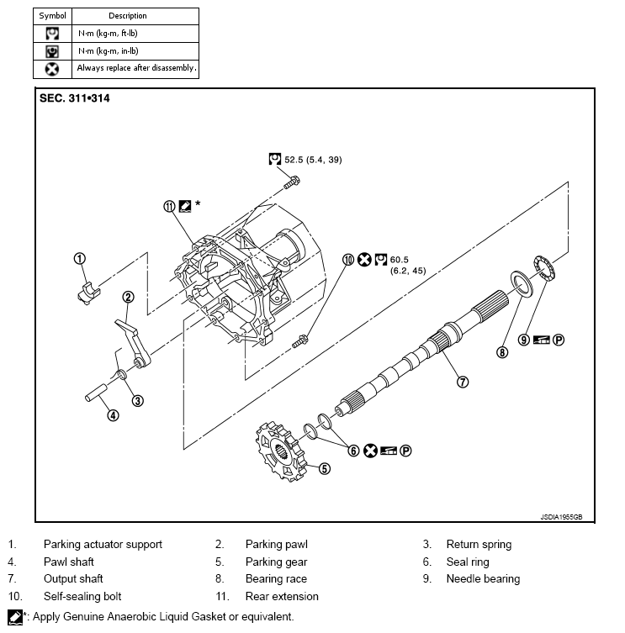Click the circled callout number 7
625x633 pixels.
point(462,381)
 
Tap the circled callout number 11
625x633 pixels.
point(169,205)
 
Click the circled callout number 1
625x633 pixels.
point(79,259)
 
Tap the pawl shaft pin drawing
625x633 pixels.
point(98,393)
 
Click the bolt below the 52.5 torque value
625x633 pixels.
point(291,179)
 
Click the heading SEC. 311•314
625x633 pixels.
point(75,98)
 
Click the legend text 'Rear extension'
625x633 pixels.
point(282,596)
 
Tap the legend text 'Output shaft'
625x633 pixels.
point(73,578)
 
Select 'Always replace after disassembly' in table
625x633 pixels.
point(136,68)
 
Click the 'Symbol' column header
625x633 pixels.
point(51,15)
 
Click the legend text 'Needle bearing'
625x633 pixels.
point(483,578)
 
